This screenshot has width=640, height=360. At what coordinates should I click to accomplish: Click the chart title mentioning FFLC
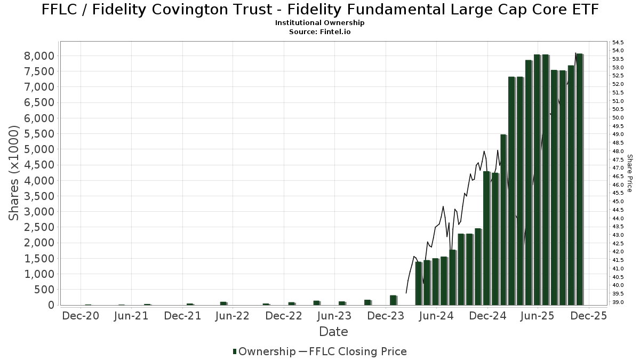320,10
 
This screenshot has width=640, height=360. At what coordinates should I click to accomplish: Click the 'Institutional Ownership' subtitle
319,23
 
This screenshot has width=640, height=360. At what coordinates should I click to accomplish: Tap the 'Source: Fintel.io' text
319,32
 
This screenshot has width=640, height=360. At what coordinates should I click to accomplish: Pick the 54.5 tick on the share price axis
618,42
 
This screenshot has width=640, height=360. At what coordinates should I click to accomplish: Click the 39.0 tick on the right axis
618,302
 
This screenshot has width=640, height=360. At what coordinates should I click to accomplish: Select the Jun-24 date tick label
436,316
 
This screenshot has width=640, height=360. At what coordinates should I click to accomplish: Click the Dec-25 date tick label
589,316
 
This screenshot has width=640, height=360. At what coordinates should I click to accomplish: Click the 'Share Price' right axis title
629,173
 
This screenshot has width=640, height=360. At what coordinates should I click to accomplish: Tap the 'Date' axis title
333,332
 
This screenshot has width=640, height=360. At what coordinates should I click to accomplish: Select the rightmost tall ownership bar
579,179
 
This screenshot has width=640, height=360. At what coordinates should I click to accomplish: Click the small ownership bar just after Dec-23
393,300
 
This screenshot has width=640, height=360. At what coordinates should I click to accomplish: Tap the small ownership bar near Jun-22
223,303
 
